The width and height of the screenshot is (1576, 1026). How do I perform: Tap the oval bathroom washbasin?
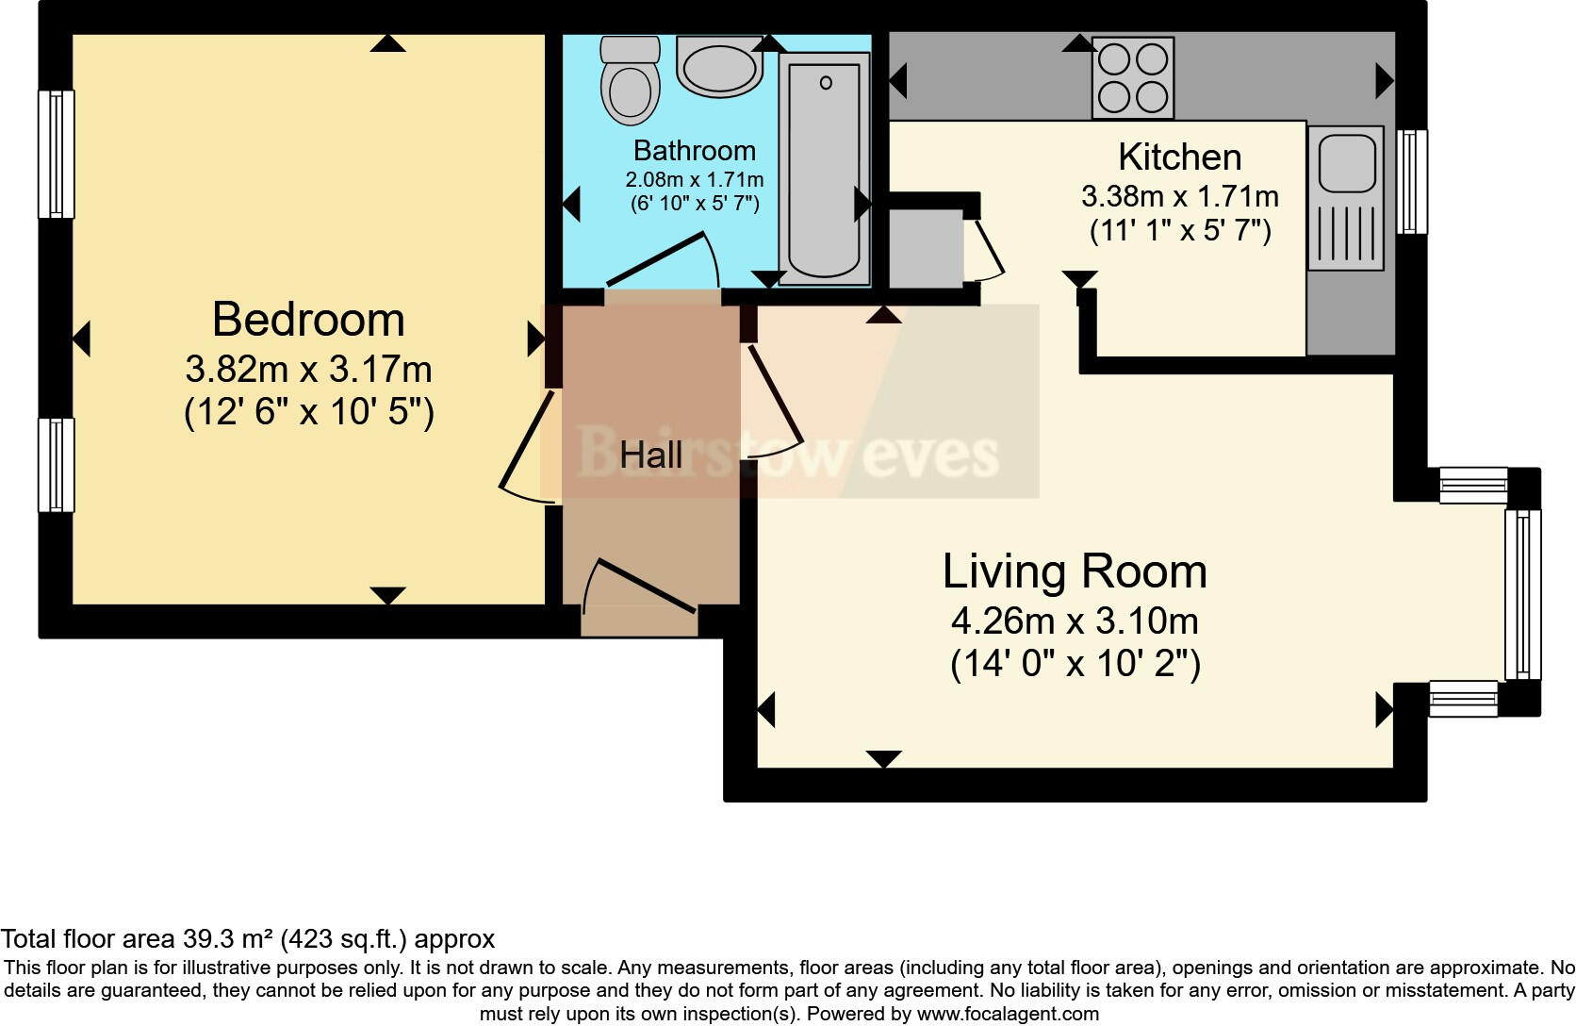pyautogui.click(x=719, y=67)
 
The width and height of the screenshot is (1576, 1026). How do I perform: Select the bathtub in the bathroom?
pyautogui.click(x=824, y=169)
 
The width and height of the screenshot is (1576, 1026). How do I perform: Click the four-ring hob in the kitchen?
pyautogui.click(x=1133, y=77)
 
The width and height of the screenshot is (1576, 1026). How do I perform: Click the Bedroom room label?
pyautogui.click(x=308, y=320)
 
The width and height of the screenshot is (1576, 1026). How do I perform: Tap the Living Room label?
pyautogui.click(x=1075, y=571)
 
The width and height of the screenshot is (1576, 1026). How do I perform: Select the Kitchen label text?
pyautogui.click(x=1180, y=157)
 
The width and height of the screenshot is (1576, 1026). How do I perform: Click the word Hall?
pyautogui.click(x=650, y=455)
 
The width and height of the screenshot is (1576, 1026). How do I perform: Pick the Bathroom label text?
pyautogui.click(x=695, y=151)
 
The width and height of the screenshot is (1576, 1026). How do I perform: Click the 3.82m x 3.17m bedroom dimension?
pyautogui.click(x=308, y=370)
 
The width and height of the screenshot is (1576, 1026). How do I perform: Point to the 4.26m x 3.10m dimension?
pyautogui.click(x=1075, y=621)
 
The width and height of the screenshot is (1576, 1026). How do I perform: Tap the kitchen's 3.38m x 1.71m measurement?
pyautogui.click(x=1180, y=196)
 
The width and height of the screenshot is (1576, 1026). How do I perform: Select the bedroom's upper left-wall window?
pyautogui.click(x=57, y=154)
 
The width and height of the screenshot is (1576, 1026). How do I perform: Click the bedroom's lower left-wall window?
pyautogui.click(x=57, y=465)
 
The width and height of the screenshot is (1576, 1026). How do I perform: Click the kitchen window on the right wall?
pyautogui.click(x=1412, y=182)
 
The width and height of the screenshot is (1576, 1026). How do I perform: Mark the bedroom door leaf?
pyautogui.click(x=527, y=440)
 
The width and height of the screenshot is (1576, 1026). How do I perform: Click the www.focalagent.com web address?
pyautogui.click(x=1008, y=1014)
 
